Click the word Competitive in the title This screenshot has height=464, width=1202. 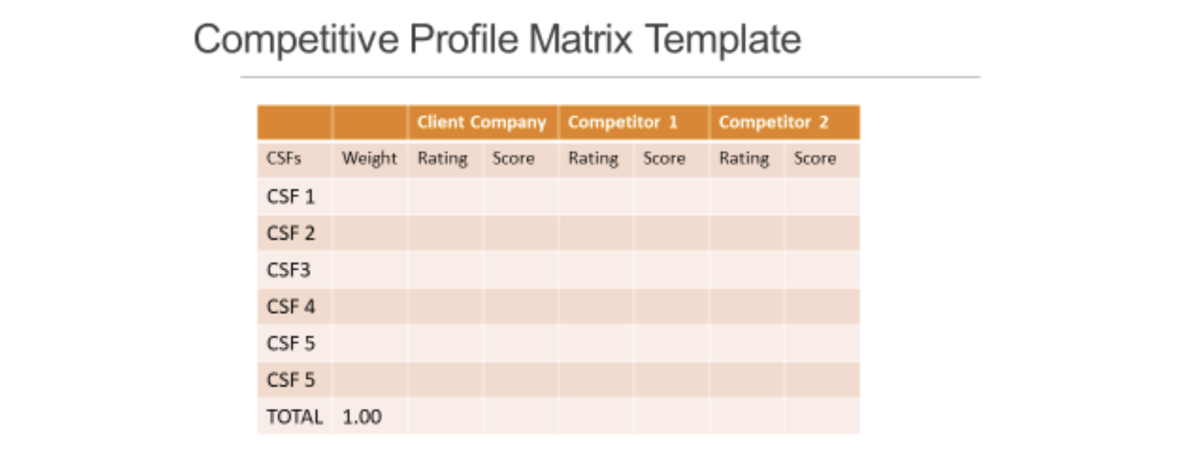pos(296,39)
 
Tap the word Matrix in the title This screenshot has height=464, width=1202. pos(580,39)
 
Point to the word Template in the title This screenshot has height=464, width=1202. pos(723,39)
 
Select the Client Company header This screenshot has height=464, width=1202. pos(481,122)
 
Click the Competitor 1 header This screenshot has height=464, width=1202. pos(622,122)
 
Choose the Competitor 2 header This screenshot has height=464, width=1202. pos(773,122)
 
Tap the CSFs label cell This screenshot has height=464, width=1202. pos(284,158)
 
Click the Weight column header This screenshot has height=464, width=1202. pos(369,158)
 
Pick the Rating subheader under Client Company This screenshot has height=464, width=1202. pos(443,158)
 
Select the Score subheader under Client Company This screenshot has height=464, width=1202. pos(514,158)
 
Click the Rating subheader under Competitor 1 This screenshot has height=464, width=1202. pos(593,158)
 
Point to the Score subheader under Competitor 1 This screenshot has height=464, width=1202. pos(664,158)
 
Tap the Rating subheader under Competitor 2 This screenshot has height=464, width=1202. pos(744,158)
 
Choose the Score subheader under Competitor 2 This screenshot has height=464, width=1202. pos(815,158)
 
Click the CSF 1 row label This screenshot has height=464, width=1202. pos(290,197)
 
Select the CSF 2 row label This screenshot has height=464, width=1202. pos(290,234)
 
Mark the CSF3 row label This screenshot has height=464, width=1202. pos(288,270)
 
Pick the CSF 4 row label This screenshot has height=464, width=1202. pos(290,307)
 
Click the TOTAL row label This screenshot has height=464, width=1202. pos(294,417)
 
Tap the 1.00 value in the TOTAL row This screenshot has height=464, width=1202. pos(362,417)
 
